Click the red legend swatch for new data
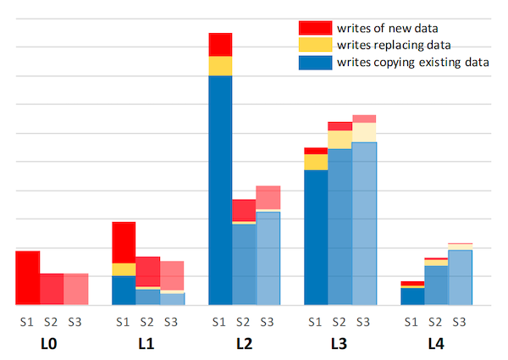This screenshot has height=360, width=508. point(315,28)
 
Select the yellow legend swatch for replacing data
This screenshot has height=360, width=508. point(315,44)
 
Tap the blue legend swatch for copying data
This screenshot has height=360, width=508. point(315,61)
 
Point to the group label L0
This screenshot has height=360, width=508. point(50,345)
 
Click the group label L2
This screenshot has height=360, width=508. point(243,345)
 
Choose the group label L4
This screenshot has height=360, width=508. point(435,345)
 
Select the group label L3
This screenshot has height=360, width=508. point(340,345)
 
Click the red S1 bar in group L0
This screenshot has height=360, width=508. point(27,277)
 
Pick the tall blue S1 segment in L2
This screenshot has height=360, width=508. point(220,191)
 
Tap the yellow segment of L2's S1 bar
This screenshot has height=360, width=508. point(220,66)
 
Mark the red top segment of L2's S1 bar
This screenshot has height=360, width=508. point(220,44)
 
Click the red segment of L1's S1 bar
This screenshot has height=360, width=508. point(124,242)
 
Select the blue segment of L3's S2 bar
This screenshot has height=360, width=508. point(340,227)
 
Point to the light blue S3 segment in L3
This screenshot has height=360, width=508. point(364,224)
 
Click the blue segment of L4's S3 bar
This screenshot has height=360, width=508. point(460,277)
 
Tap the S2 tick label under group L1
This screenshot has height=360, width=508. point(147,321)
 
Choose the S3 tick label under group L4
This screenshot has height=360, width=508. point(460,321)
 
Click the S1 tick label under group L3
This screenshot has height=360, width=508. point(316,321)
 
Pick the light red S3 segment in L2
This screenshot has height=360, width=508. point(268,197)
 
